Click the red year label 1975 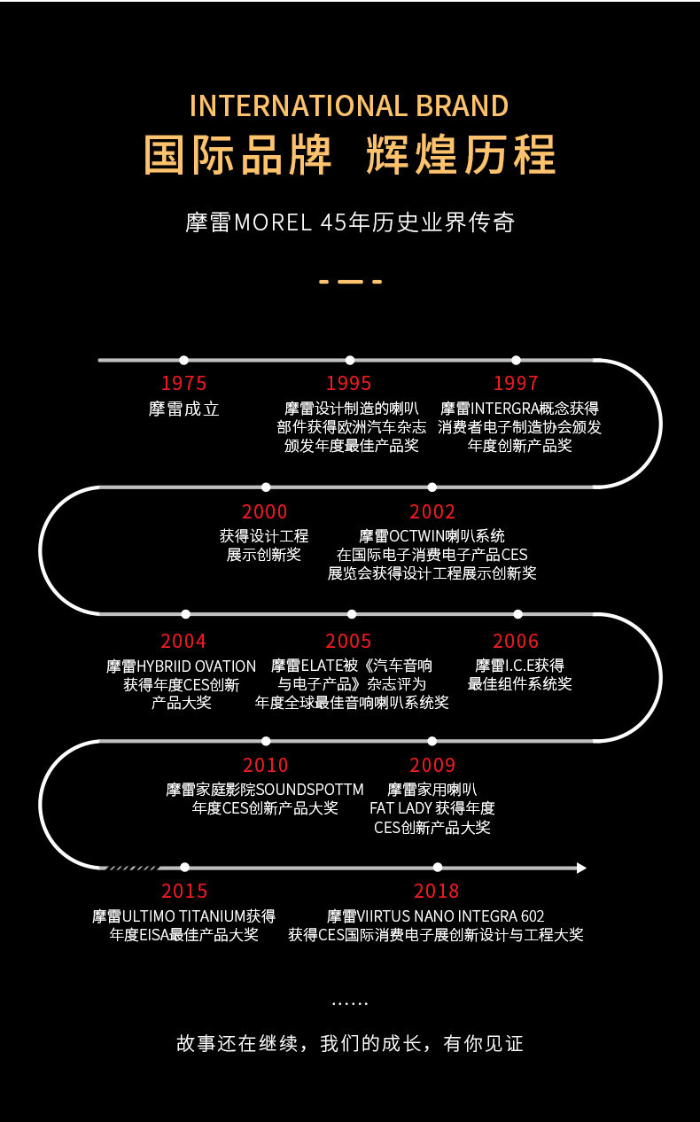click(x=183, y=383)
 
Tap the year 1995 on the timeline click(x=349, y=383)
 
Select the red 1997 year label click(x=516, y=383)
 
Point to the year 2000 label click(x=264, y=511)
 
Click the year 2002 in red click(x=432, y=511)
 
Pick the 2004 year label click(x=183, y=641)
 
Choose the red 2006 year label click(x=516, y=641)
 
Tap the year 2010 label click(x=265, y=765)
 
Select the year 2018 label click(x=436, y=891)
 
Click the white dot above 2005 click(x=352, y=614)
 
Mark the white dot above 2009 click(x=432, y=741)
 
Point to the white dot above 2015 click(x=185, y=867)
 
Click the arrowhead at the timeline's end click(x=581, y=868)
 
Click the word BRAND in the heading click(x=463, y=105)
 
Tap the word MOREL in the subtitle click(x=273, y=222)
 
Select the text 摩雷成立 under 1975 click(x=184, y=409)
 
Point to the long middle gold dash click(x=351, y=282)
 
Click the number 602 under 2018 click(x=533, y=916)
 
